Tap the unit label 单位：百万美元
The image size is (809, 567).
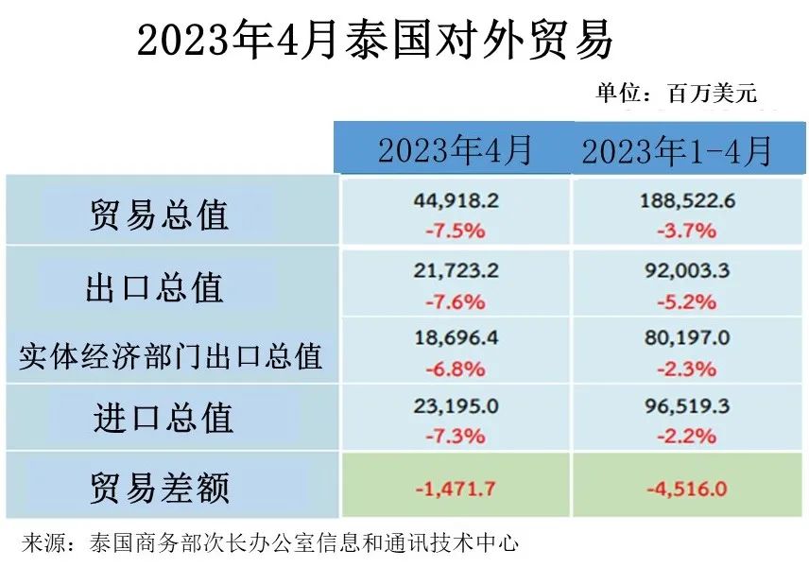676,93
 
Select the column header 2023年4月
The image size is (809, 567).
455,150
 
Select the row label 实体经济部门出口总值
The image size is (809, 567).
171,355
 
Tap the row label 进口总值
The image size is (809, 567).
163,418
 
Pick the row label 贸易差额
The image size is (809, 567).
160,488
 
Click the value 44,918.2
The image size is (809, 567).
456,200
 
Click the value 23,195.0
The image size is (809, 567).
456,406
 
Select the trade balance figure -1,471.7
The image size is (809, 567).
456,489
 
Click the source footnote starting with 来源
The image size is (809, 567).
269,543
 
